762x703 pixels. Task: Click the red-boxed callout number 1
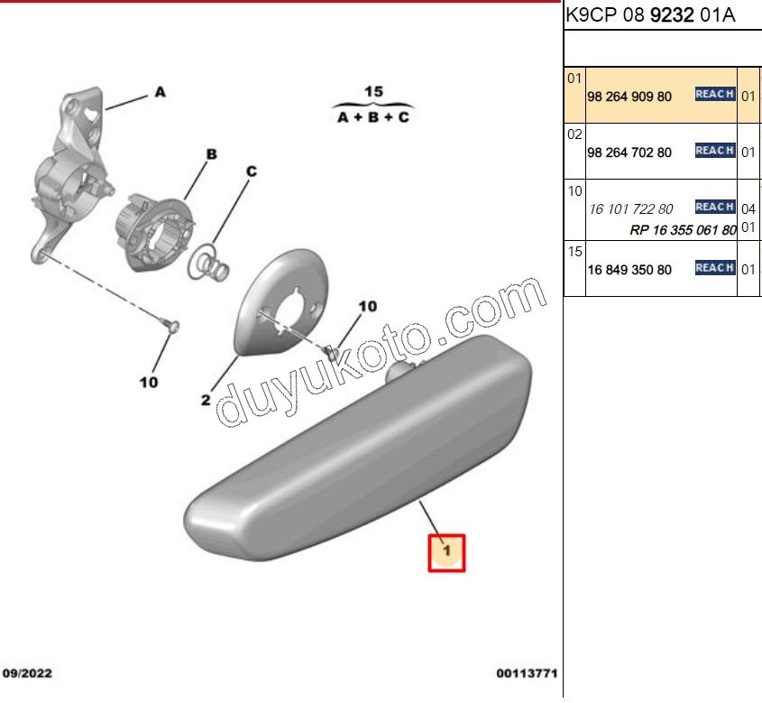tap(446, 551)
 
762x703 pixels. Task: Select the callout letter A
tap(160, 92)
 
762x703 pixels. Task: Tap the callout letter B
tap(211, 154)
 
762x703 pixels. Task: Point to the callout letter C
tap(252, 171)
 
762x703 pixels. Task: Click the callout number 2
tap(206, 400)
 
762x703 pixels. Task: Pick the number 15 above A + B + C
tap(373, 91)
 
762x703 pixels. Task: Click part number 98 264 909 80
tap(629, 97)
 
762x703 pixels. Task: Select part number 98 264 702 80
tap(629, 153)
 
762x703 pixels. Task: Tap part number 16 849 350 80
tap(629, 270)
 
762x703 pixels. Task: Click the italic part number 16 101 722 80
tap(630, 209)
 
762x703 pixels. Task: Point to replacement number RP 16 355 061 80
tap(683, 230)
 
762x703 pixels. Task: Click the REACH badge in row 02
tap(714, 151)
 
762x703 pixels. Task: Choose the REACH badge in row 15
tap(714, 268)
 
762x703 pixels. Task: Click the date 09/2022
tap(27, 673)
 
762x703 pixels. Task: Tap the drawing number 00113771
tap(527, 673)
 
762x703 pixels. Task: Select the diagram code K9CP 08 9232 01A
tap(650, 15)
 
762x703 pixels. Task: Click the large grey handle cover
tap(358, 448)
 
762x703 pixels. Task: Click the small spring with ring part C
tap(209, 263)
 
